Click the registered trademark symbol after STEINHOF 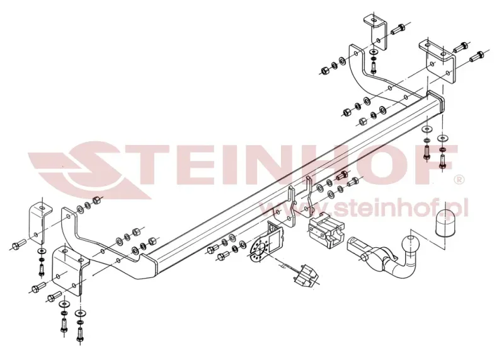(460, 179)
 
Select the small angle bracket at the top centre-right (375, 32)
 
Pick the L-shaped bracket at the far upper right (438, 62)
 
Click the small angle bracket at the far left (40, 223)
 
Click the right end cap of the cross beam (436, 106)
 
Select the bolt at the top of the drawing (398, 29)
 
